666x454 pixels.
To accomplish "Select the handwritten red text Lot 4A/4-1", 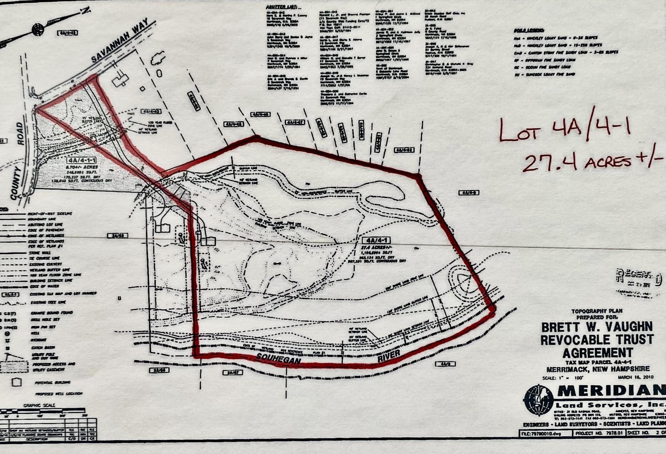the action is point(565,130).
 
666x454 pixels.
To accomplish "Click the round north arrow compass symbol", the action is point(38,29).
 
